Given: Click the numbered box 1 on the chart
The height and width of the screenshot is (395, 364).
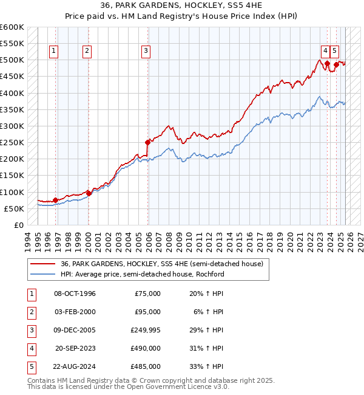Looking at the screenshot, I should [x=55, y=52].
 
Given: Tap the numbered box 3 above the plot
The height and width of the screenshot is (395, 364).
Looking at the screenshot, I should [x=146, y=52].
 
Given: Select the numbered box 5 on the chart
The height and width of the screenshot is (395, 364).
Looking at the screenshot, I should [x=335, y=52].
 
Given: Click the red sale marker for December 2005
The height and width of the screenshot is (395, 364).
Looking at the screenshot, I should [x=147, y=142].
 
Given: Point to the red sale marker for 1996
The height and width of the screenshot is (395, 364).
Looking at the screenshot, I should [x=55, y=199].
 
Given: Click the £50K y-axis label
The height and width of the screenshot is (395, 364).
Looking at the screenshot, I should [x=14, y=208].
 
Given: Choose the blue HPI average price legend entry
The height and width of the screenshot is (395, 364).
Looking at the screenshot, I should [x=142, y=274].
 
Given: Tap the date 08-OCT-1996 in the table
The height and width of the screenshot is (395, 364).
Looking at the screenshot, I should [x=75, y=294].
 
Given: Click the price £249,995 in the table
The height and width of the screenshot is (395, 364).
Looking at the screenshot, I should [x=145, y=330].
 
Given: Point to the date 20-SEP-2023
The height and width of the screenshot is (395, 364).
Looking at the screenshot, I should [x=75, y=348].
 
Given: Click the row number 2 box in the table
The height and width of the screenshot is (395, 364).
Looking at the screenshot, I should [x=31, y=312].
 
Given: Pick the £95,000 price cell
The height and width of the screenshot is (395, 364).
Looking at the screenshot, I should [x=147, y=312].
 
